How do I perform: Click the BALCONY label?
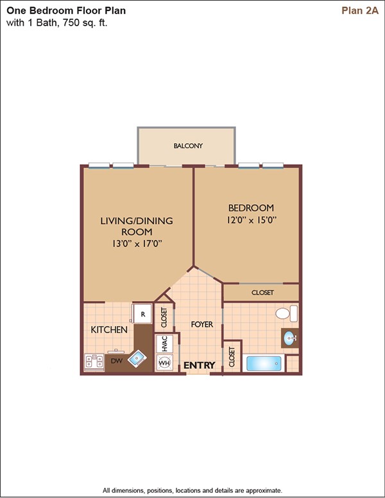click(x=188, y=146)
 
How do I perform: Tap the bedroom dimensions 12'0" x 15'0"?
click(x=252, y=219)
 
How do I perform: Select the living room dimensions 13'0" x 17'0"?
click(x=137, y=244)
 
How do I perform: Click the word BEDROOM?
click(x=251, y=208)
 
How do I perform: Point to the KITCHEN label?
click(x=109, y=330)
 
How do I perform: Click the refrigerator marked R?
click(x=142, y=314)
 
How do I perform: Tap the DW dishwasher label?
click(x=117, y=361)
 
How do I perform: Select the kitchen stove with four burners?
click(x=94, y=362)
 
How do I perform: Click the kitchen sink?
click(x=137, y=359)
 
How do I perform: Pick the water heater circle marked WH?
click(x=164, y=363)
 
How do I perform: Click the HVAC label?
click(x=164, y=343)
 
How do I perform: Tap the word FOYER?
click(x=201, y=324)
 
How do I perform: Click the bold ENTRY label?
click(x=200, y=365)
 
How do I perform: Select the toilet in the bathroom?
click(x=286, y=313)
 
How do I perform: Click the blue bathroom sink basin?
click(x=289, y=338)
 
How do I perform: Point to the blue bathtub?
click(x=264, y=364)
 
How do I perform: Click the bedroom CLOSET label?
click(x=262, y=293)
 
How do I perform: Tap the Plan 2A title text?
click(x=360, y=10)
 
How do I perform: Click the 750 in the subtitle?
click(x=72, y=23)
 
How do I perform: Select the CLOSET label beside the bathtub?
click(x=232, y=357)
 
